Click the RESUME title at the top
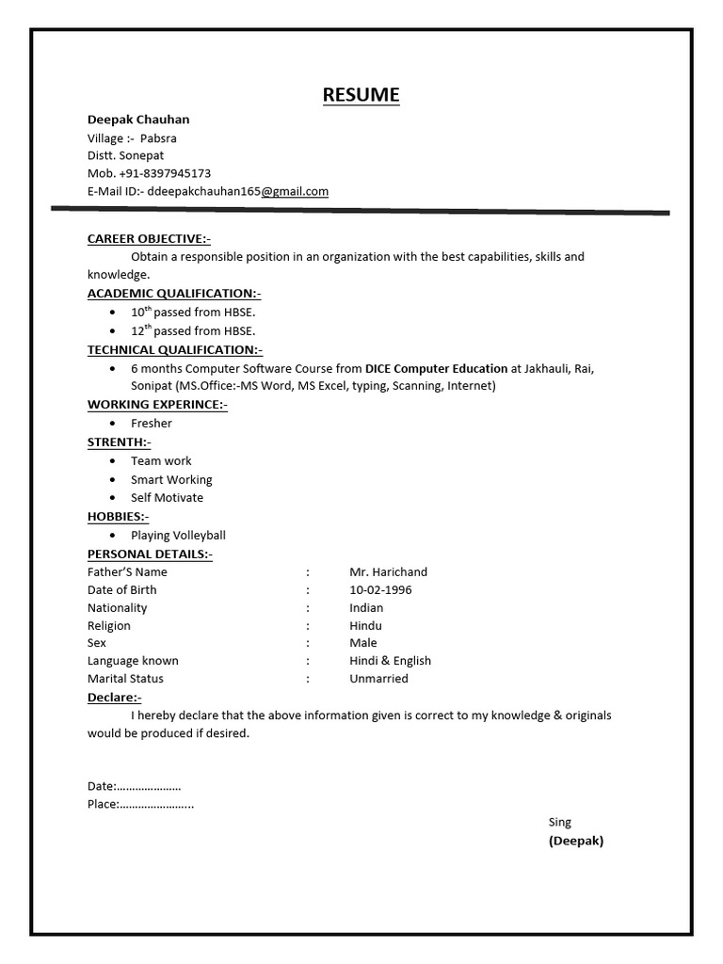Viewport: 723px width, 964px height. pos(361,94)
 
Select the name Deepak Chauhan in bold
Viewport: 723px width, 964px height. pos(138,120)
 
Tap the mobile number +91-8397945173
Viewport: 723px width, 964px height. pos(165,173)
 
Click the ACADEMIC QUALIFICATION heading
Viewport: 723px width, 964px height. pos(174,294)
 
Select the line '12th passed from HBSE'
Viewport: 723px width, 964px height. pos(193,330)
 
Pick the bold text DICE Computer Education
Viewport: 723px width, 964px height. pos(436,368)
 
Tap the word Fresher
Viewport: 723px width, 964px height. pos(152,424)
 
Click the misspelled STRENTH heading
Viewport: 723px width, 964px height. pos(119,442)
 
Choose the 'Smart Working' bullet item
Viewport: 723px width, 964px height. pos(171,479)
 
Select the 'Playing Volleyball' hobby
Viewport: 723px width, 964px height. pos(178,536)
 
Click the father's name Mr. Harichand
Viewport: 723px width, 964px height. pos(388,571)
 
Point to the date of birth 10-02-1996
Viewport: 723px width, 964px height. pos(380,589)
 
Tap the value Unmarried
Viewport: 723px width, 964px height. pos(378,678)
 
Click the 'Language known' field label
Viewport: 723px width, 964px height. pos(133,661)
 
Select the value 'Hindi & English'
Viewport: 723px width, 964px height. pos(390,661)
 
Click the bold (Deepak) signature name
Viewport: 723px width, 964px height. pos(576,841)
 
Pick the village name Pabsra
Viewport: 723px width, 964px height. pos(158,138)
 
